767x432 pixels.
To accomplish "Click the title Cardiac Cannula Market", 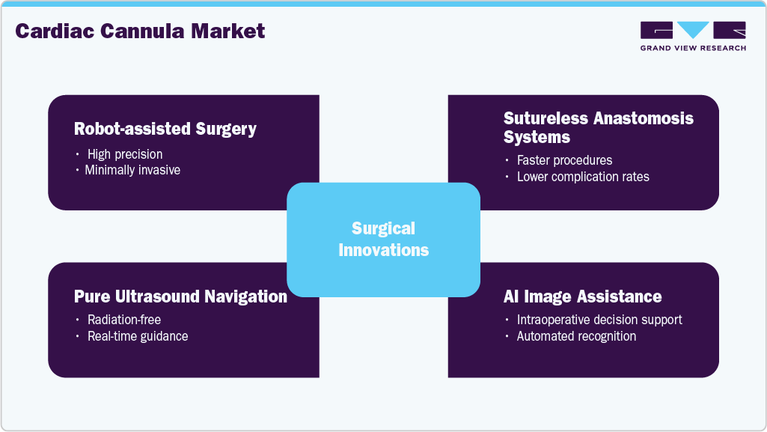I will click(x=140, y=31).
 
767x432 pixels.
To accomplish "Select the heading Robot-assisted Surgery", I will click(x=165, y=129).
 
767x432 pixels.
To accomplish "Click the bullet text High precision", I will click(x=125, y=154).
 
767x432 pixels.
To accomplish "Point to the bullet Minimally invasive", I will click(x=132, y=170).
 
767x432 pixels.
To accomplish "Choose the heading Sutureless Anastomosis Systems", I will click(x=599, y=127).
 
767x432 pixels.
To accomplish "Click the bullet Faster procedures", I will click(x=564, y=160).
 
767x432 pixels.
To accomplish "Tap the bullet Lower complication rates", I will click(x=583, y=177).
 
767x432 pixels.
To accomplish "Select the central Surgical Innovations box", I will click(x=383, y=239).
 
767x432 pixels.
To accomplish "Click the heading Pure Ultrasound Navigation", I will click(x=180, y=296).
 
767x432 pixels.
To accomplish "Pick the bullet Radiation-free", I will click(x=124, y=320).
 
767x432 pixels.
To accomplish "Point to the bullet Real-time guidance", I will click(x=138, y=336).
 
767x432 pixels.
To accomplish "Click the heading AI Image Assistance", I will click(x=582, y=296).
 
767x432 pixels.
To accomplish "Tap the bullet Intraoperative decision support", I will click(x=599, y=320).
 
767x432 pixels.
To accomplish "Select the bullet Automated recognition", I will click(x=576, y=336).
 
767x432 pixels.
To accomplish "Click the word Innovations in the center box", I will click(x=384, y=250).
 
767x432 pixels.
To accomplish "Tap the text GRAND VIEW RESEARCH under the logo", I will click(x=693, y=48).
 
